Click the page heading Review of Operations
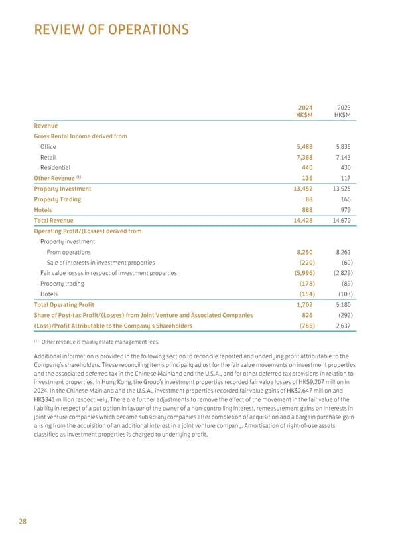[111, 30]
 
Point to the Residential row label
[55, 167]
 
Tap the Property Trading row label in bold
[57, 199]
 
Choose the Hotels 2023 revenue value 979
[344, 209]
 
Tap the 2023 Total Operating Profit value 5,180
[340, 304]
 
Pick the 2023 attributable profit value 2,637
[340, 326]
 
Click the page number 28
[23, 522]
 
